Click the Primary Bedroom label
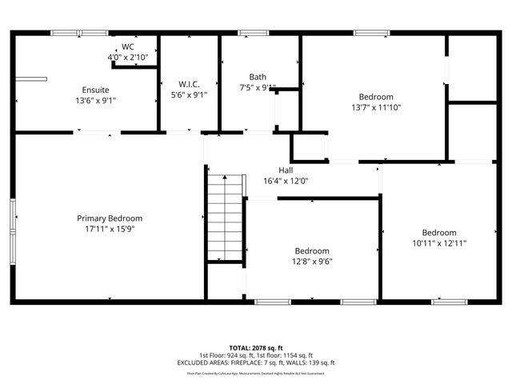tap(110, 218)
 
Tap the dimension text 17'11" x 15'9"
tap(110, 229)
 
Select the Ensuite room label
tap(95, 90)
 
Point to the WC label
tap(128, 47)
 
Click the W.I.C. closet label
tap(190, 84)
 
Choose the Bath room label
tap(258, 78)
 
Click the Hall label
tap(286, 170)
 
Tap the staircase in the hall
tap(225, 218)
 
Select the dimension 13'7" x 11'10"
tap(376, 107)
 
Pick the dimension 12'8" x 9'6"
tap(312, 261)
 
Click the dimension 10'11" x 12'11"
tap(439, 243)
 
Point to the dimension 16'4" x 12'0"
tap(286, 181)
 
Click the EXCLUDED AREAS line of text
tap(256, 362)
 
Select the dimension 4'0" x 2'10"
tap(128, 58)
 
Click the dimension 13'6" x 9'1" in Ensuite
tap(95, 100)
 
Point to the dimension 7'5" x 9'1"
tap(258, 88)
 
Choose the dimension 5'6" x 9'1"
tap(190, 94)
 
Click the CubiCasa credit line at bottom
tap(256, 373)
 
